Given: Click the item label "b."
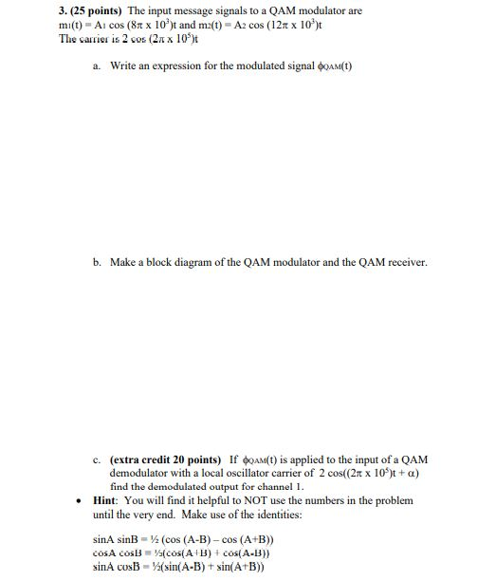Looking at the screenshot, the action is tap(98, 261).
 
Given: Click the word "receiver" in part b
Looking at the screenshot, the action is tap(408, 261).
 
